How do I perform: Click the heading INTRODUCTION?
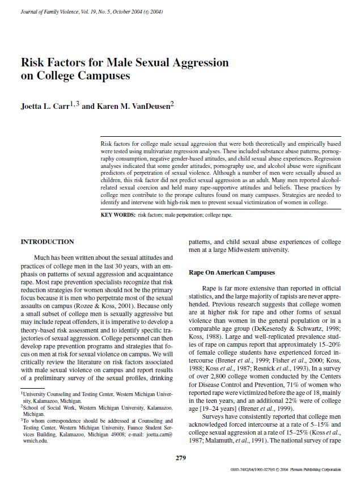(x=47, y=242)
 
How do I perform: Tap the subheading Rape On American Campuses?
(x=232, y=273)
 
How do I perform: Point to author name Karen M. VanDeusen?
(x=133, y=106)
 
